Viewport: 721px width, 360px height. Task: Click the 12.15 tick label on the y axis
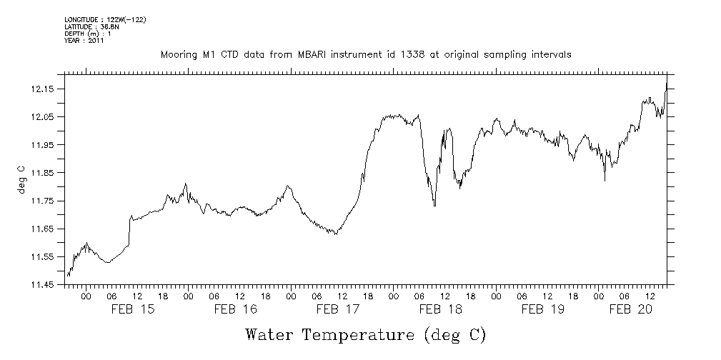tap(44, 89)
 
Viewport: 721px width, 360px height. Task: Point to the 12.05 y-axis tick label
tap(44, 117)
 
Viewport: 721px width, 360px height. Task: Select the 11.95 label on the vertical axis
tap(44, 145)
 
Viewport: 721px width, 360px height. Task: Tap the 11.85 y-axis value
tap(44, 173)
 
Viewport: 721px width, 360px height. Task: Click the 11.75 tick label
tap(44, 201)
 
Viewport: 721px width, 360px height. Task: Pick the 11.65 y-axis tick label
tap(44, 229)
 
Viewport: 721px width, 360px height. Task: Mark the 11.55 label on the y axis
tap(44, 257)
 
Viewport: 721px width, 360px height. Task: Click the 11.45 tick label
tap(44, 285)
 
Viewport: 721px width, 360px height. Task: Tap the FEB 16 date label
tap(236, 309)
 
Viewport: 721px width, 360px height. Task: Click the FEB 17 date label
tap(338, 309)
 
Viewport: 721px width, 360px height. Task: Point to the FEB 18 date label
tap(440, 309)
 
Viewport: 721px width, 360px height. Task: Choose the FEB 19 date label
tap(542, 309)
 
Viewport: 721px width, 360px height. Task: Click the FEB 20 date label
tap(630, 309)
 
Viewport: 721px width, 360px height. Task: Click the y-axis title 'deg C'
tap(21, 179)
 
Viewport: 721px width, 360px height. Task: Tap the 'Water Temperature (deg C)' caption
tap(365, 335)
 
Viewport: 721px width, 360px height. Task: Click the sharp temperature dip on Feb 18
tap(434, 205)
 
